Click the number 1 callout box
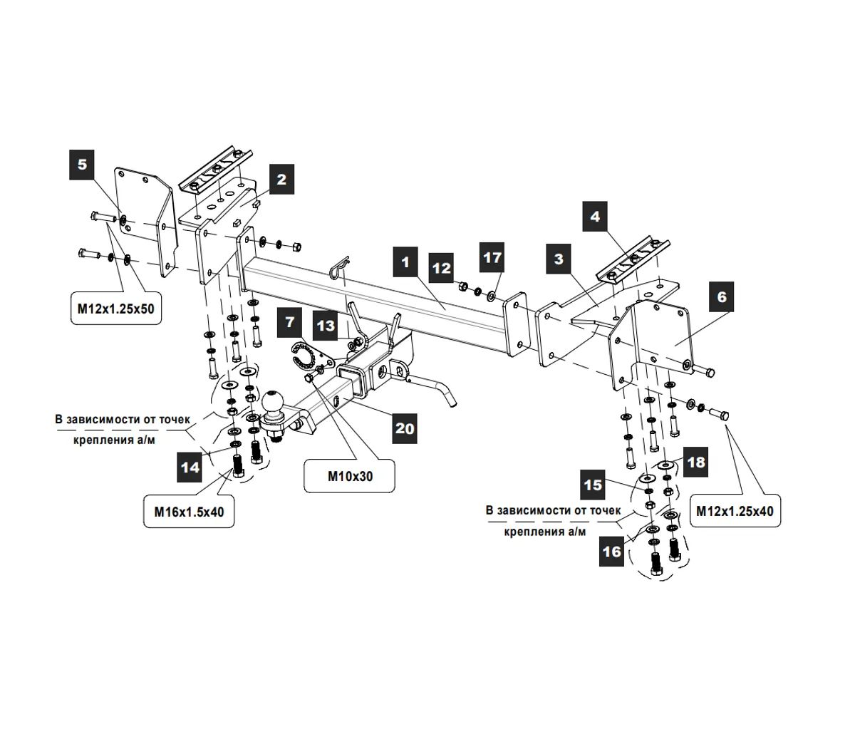405,262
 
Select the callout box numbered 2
281,179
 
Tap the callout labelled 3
559,259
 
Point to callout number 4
596,216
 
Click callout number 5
82,164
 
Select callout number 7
290,322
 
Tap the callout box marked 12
442,268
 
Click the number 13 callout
326,326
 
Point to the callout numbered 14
190,467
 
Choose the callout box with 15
593,485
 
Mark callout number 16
611,551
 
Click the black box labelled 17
492,257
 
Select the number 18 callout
695,462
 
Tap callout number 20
405,428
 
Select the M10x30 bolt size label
350,477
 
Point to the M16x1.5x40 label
189,512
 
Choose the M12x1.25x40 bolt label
734,511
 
